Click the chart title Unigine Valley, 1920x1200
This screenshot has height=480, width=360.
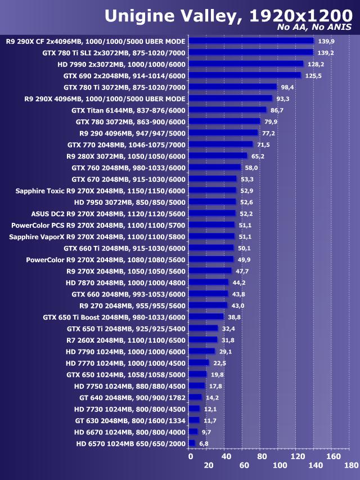tap(228, 15)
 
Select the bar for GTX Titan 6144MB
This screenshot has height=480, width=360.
tap(227, 110)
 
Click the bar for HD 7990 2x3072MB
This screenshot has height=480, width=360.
tap(246, 64)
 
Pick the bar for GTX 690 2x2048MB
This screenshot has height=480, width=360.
tap(245, 75)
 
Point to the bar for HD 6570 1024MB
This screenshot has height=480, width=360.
tap(191, 443)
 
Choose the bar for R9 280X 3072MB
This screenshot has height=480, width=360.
tap(218, 156)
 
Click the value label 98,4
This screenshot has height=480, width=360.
tap(289, 87)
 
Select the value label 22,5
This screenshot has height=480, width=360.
tap(219, 363)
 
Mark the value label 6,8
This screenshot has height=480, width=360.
tap(204, 443)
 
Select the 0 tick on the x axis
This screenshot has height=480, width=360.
tap(191, 456)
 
